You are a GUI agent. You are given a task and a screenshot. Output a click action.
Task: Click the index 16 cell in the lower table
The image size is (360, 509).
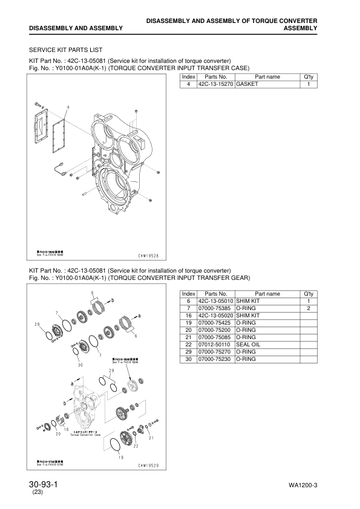(188, 315)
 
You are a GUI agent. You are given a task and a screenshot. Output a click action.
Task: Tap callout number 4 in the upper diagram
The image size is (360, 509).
(68, 108)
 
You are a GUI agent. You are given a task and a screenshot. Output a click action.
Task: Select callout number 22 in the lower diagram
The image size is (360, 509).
(136, 446)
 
